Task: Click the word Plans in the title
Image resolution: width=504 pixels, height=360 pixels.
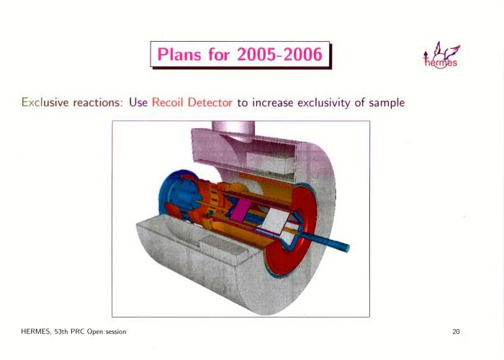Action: pos(180,54)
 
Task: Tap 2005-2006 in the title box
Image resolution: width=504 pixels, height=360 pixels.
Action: pos(279,54)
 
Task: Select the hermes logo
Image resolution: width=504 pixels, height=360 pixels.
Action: pos(441,55)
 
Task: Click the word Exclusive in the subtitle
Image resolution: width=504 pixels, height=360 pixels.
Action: pos(45,102)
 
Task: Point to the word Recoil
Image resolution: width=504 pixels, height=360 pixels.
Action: pos(167,102)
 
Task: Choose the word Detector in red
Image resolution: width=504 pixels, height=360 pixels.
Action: pos(210,102)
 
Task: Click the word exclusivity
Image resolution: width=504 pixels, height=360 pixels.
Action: pos(324,103)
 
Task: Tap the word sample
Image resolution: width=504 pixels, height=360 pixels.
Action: pos(387,103)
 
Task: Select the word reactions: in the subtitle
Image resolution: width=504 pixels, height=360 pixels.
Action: pos(99,102)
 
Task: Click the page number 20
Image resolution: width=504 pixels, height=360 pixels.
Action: pos(456,332)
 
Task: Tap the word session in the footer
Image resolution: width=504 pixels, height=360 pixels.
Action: pos(116,332)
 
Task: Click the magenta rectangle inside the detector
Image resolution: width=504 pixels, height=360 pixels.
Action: pos(241,210)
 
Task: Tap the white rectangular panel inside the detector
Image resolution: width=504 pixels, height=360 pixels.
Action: pos(276,220)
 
